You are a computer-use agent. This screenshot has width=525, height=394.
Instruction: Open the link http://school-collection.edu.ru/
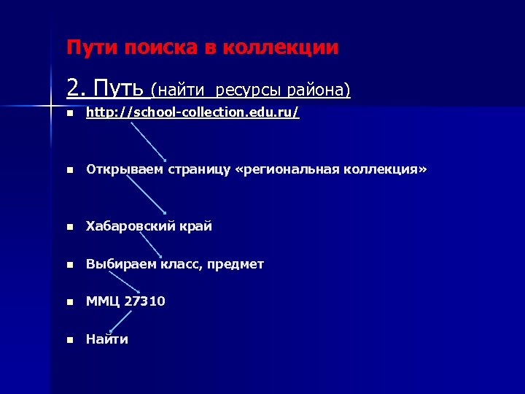pyautogui.click(x=192, y=113)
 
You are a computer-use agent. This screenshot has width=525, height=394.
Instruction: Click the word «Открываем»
pyautogui.click(x=125, y=169)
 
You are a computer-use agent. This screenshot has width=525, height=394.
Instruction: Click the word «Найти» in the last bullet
pyautogui.click(x=106, y=339)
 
